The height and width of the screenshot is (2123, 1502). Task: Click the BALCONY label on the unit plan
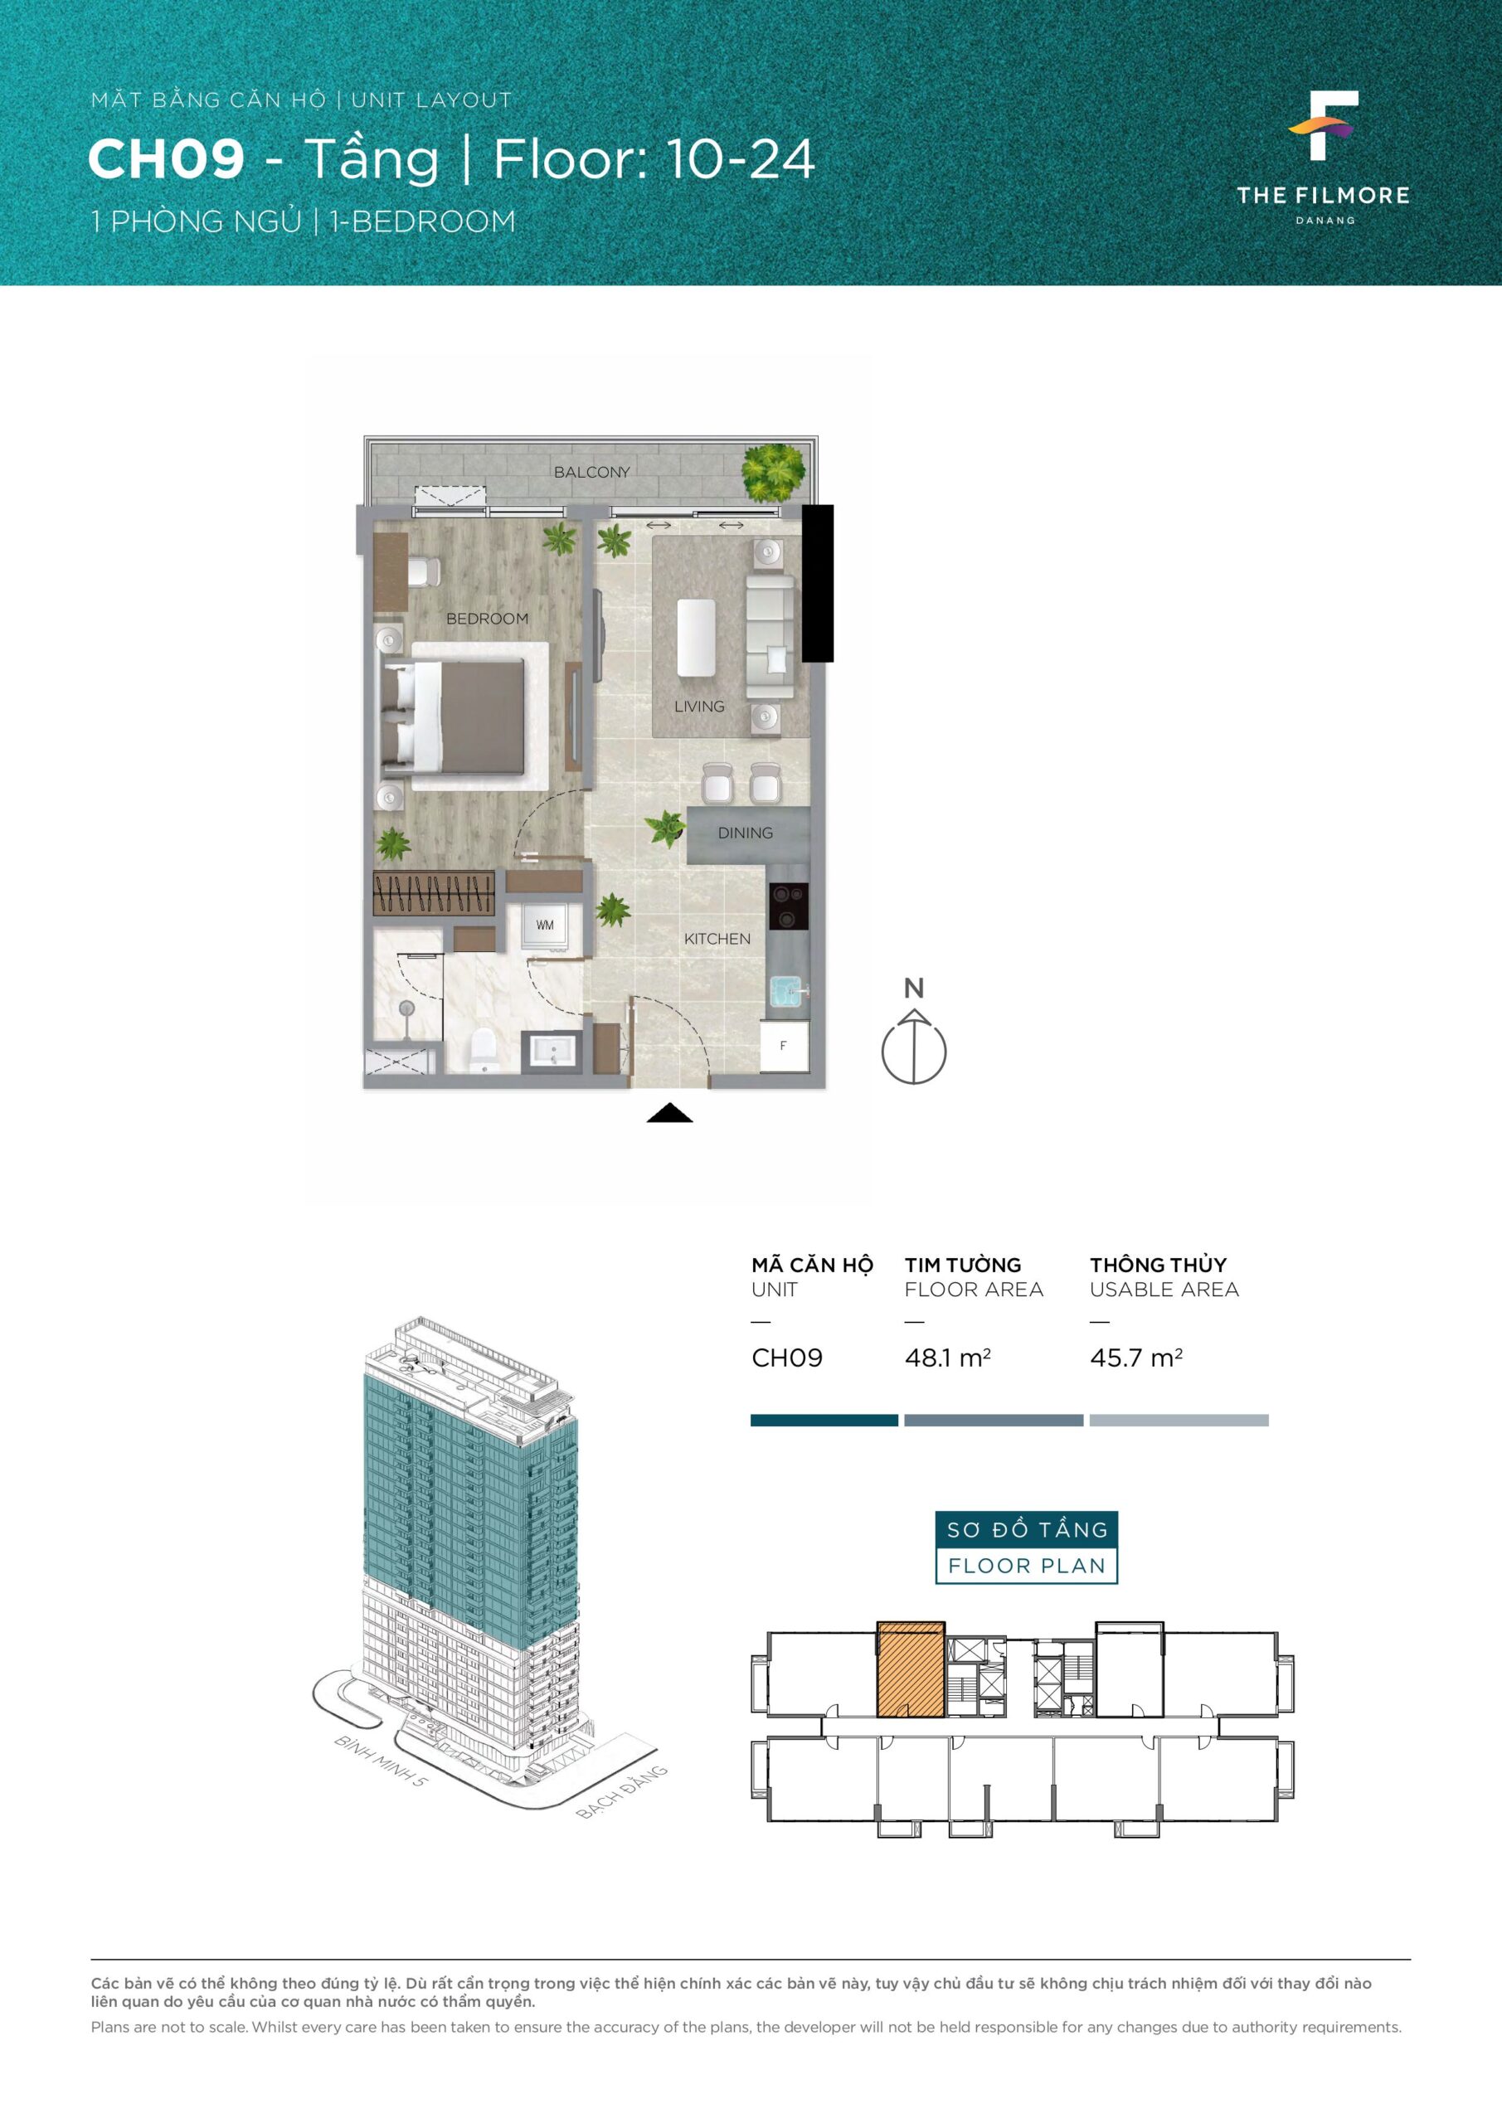pos(592,472)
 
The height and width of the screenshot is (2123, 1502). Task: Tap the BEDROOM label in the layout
pos(488,619)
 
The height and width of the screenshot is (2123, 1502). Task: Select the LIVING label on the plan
pos(699,707)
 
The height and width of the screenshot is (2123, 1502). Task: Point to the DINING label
pos(746,833)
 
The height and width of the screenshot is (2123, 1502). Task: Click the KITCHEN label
pos(717,939)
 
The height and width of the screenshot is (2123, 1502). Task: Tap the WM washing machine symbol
pos(545,925)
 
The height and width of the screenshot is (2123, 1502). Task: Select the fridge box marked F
pos(785,1046)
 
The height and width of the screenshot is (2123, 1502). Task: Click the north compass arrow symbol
pos(914,1047)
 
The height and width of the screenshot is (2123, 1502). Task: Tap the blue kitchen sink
pos(788,991)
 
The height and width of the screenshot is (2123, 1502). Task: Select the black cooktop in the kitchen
pos(788,906)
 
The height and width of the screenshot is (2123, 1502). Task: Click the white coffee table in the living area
pos(697,637)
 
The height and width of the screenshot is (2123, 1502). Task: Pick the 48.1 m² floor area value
pos(948,1358)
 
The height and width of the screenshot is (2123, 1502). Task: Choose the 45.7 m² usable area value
pos(1135,1358)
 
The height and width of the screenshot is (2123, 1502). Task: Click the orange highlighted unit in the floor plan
pos(911,1669)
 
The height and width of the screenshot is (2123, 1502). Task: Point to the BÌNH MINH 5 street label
pos(381,1761)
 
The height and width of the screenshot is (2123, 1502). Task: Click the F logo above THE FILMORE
pos(1324,126)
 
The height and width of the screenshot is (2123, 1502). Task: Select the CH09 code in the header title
pos(167,159)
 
